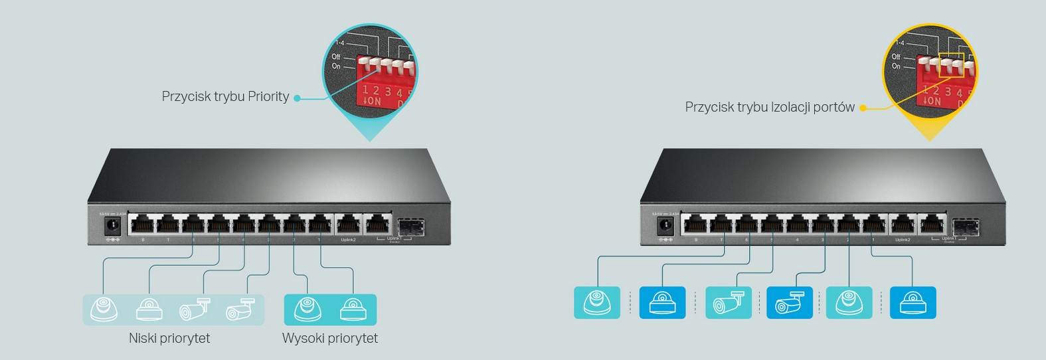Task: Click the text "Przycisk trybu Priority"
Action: (225, 97)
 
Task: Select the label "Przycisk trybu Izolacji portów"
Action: (770, 107)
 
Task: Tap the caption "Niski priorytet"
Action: (169, 338)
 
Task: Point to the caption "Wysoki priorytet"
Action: (330, 338)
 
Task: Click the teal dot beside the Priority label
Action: (297, 98)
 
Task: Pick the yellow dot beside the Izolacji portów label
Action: (863, 108)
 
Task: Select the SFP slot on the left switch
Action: (410, 226)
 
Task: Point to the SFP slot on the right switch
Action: (962, 226)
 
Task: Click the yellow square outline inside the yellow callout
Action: (951, 65)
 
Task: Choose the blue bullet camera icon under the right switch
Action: (790, 303)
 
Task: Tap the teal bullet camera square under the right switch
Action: (729, 303)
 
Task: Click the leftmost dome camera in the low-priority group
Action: (104, 309)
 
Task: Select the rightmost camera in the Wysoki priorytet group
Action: (353, 309)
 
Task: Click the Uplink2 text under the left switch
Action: (348, 240)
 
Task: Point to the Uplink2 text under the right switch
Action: (902, 240)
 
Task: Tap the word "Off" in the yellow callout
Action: (896, 57)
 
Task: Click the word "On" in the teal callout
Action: (336, 66)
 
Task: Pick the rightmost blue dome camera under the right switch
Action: (913, 303)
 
